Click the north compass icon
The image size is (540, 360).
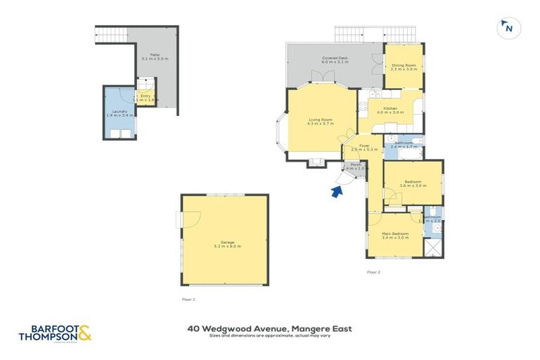506,28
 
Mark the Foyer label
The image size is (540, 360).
364,148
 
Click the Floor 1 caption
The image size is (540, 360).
188,299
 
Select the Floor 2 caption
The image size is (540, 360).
373,271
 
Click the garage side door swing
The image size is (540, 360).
177,219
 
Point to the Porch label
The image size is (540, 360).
354,167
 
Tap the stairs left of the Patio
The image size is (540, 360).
110,34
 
